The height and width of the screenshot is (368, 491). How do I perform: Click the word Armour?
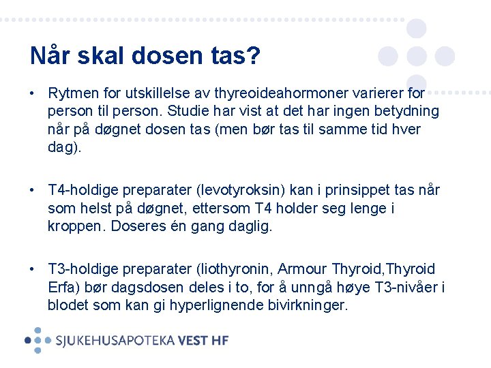tap(302, 269)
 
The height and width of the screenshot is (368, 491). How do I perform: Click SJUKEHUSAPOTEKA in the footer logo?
tap(115, 340)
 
